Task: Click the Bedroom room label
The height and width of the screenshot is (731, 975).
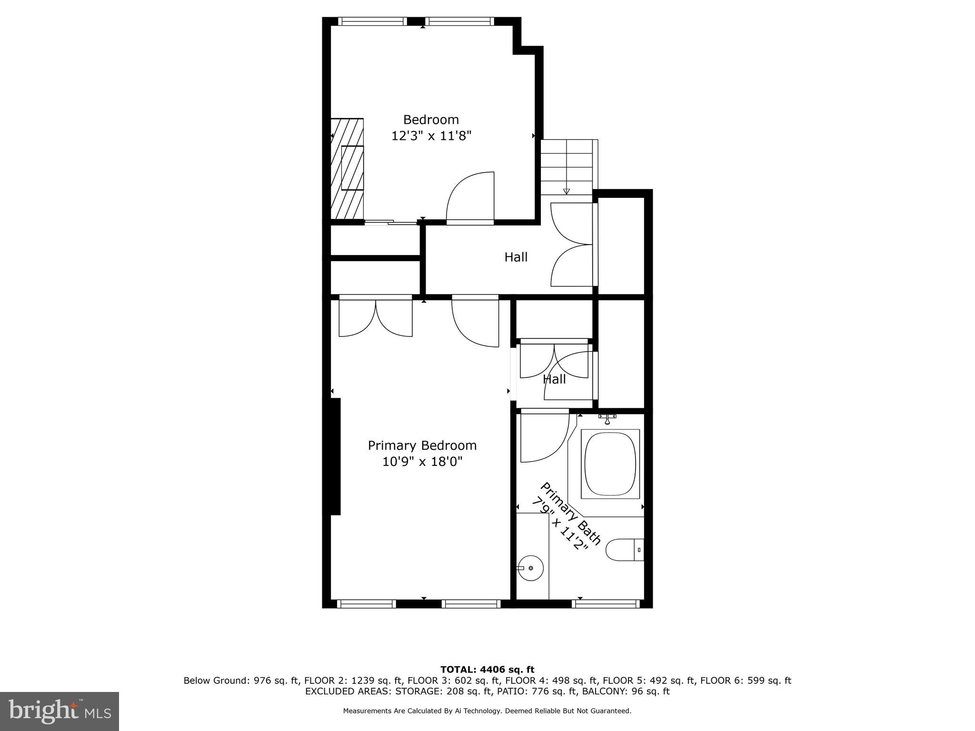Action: [x=431, y=119]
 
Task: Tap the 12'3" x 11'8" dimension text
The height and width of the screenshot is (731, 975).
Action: [x=431, y=136]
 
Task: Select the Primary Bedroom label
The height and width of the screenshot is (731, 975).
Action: [x=422, y=445]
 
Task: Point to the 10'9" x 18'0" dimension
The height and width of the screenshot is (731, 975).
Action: [x=422, y=462]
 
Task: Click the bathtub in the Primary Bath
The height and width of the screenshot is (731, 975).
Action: [x=610, y=464]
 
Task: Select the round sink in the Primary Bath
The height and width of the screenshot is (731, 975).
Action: [x=531, y=568]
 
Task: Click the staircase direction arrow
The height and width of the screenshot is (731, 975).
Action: [x=566, y=191]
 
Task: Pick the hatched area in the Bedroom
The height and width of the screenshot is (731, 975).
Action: [x=347, y=169]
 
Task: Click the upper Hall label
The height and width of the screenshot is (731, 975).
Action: [x=516, y=257]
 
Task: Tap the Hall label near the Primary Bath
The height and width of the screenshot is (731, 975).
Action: [x=554, y=379]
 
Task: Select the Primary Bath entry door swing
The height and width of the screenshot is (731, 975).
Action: [x=544, y=437]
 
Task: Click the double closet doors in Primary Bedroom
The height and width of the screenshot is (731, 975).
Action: [x=375, y=317]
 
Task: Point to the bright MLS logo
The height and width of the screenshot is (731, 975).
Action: [x=60, y=711]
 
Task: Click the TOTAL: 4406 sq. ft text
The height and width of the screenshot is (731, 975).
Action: [x=487, y=670]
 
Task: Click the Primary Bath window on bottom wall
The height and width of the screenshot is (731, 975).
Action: [x=606, y=603]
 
